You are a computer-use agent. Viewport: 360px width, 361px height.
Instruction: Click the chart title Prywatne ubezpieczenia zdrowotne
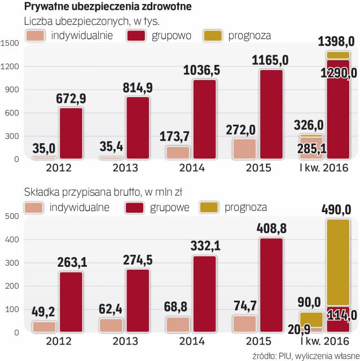(x=107, y=7)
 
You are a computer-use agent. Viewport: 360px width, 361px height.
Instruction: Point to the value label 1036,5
(x=205, y=71)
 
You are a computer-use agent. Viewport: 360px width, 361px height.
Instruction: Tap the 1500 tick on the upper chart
(x=11, y=43)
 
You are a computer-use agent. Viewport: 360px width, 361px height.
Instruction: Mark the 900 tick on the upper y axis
(x=13, y=90)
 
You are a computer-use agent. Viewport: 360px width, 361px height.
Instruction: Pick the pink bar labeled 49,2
(x=44, y=327)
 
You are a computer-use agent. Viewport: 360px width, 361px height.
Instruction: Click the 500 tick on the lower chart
(x=13, y=216)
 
